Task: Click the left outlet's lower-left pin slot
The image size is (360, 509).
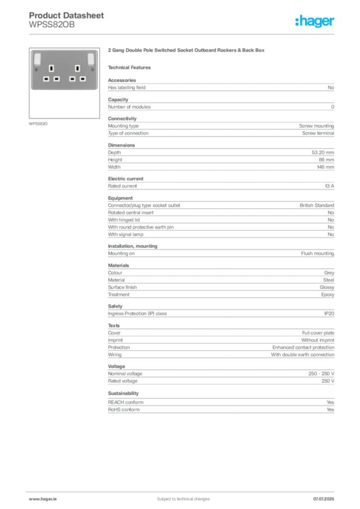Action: (x=46, y=79)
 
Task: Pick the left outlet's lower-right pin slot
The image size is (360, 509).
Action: (x=57, y=79)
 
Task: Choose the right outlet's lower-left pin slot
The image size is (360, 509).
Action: (x=73, y=79)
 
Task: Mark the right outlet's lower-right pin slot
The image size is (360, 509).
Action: (x=84, y=79)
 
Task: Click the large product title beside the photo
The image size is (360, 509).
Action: (x=187, y=51)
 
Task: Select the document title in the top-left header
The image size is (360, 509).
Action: (x=67, y=15)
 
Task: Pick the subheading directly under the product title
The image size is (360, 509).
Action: (x=131, y=67)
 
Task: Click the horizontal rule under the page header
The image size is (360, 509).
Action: (x=182, y=34)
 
